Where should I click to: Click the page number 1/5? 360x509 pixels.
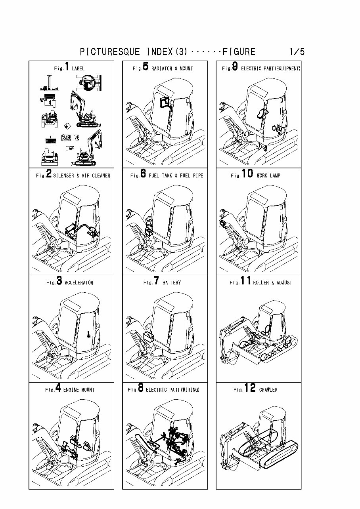pyautogui.click(x=297, y=51)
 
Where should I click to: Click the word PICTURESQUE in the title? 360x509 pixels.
pyautogui.click(x=110, y=52)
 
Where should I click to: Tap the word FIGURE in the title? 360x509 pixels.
pyautogui.click(x=239, y=52)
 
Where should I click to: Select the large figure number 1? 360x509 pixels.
pyautogui.click(x=67, y=66)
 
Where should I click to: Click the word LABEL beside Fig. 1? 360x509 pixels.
pyautogui.click(x=78, y=69)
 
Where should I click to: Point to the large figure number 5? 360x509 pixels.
pyautogui.click(x=146, y=66)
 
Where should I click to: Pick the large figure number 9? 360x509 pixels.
pyautogui.click(x=235, y=66)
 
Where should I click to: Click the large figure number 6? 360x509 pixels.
pyautogui.click(x=143, y=173)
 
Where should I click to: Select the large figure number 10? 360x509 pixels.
pyautogui.click(x=247, y=173)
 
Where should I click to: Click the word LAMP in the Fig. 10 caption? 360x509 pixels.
pyautogui.click(x=275, y=175)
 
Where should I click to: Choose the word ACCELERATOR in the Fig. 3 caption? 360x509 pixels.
pyautogui.click(x=79, y=283)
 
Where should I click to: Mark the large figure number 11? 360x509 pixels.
pyautogui.click(x=246, y=280)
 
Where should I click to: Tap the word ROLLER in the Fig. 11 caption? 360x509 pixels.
pyautogui.click(x=261, y=283)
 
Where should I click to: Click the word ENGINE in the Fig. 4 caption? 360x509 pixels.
pyautogui.click(x=71, y=390)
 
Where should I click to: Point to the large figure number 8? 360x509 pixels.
pyautogui.click(x=141, y=388)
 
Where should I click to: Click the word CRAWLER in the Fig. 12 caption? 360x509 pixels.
pyautogui.click(x=268, y=390)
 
